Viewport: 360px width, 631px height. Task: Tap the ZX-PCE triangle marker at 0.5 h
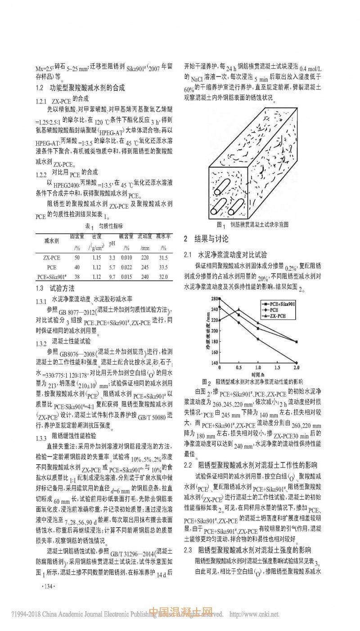pos(238,309)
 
